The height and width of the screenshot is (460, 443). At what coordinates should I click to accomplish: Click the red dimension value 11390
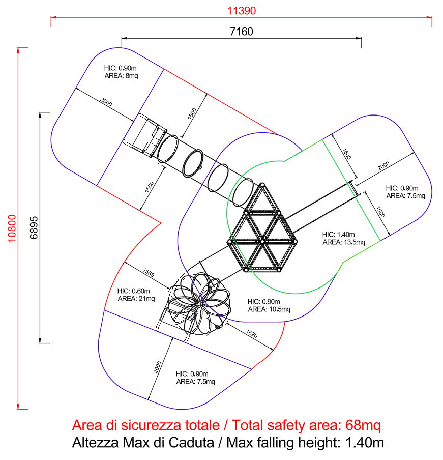[241, 11]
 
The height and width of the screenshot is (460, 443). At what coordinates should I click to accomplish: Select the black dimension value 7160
[241, 32]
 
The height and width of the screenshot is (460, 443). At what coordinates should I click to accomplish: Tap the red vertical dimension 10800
[12, 228]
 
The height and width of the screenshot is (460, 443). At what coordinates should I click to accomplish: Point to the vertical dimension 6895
[34, 227]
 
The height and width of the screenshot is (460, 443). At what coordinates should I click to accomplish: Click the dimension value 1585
[149, 272]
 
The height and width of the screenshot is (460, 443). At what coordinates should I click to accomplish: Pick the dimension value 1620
[252, 334]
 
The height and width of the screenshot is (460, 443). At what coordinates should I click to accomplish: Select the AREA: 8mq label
[121, 76]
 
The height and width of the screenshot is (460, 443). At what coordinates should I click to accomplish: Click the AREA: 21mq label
[136, 299]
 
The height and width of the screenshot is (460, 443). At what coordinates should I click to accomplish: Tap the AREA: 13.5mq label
[344, 242]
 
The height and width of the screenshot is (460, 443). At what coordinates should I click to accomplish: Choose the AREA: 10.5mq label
[269, 309]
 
